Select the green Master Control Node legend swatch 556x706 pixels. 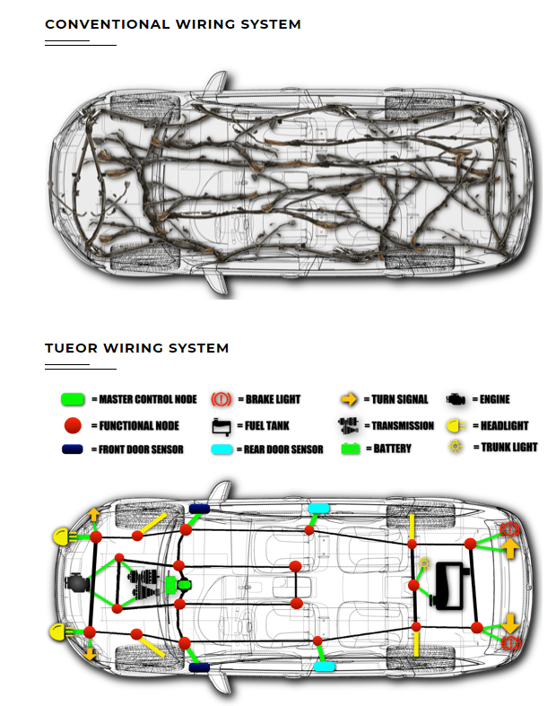click(74, 399)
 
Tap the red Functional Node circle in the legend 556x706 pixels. click(74, 423)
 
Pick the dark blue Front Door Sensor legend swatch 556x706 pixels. click(74, 449)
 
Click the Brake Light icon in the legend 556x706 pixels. click(222, 399)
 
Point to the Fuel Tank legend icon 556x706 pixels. click(222, 425)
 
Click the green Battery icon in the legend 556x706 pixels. click(350, 448)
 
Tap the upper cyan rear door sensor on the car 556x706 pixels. click(318, 509)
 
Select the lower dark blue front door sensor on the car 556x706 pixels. click(199, 668)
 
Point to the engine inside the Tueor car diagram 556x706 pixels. click(81, 585)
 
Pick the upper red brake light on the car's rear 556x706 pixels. click(510, 529)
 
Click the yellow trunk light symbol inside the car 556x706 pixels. click(425, 562)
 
